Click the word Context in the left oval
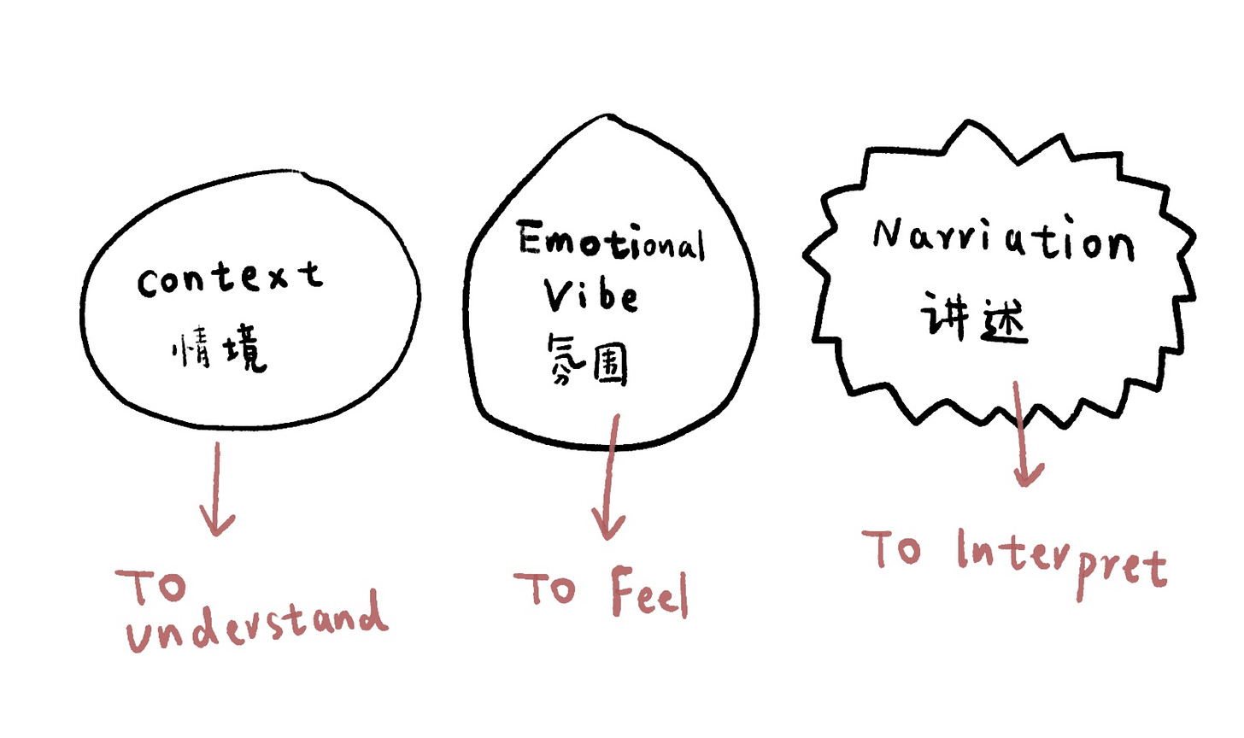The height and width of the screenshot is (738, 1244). click(x=230, y=278)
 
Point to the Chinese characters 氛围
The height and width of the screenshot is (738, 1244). click(x=587, y=360)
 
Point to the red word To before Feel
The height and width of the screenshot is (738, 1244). click(x=544, y=589)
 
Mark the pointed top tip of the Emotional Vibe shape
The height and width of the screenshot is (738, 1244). click(x=608, y=116)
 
